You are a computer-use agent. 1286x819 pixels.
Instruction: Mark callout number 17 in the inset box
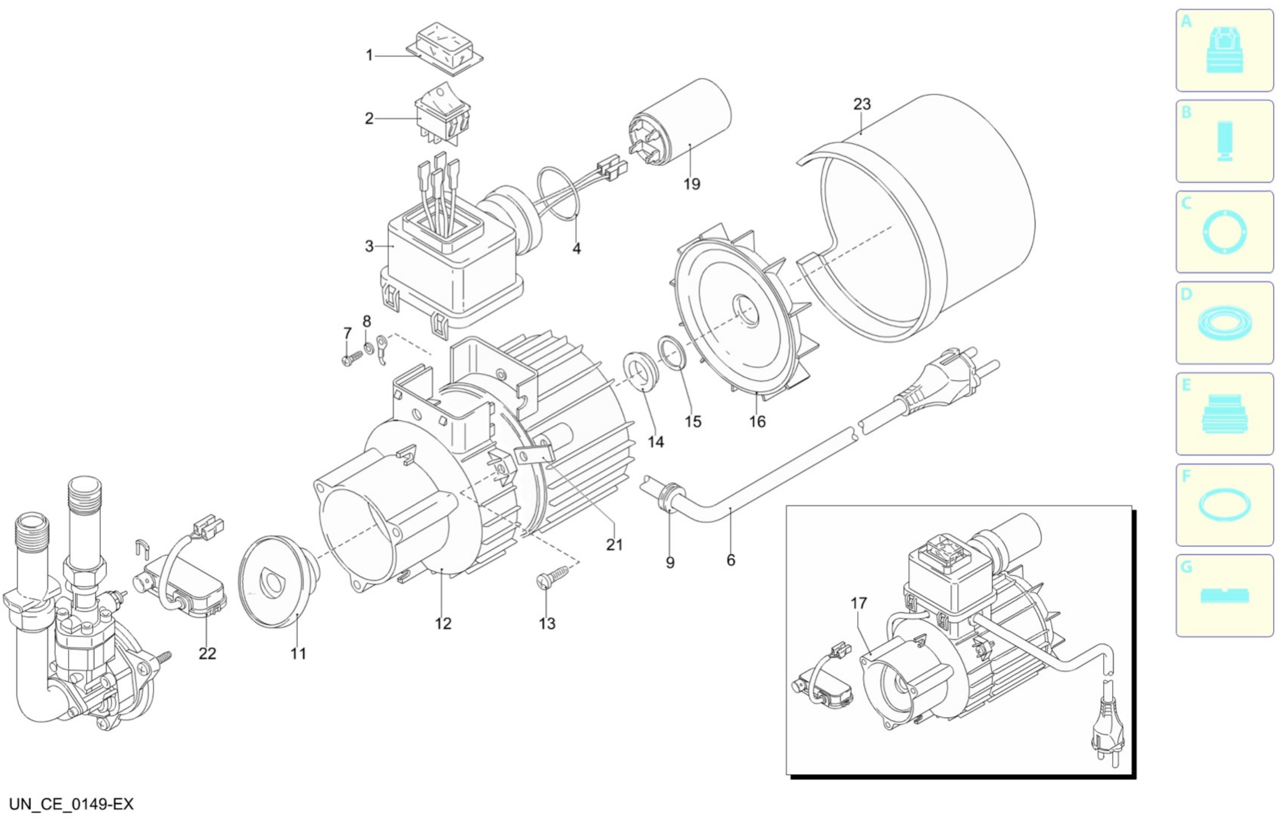coord(858,603)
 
